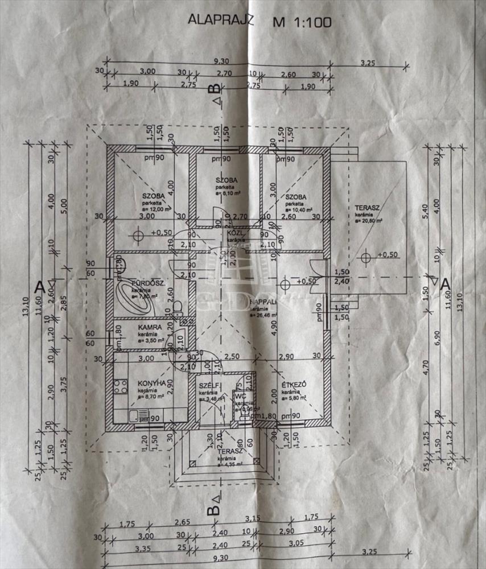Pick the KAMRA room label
pyautogui.click(x=150, y=328)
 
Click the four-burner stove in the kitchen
pyautogui.click(x=121, y=387)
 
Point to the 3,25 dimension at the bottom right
pyautogui.click(x=370, y=551)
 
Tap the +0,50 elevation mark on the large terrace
pyautogui.click(x=386, y=255)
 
